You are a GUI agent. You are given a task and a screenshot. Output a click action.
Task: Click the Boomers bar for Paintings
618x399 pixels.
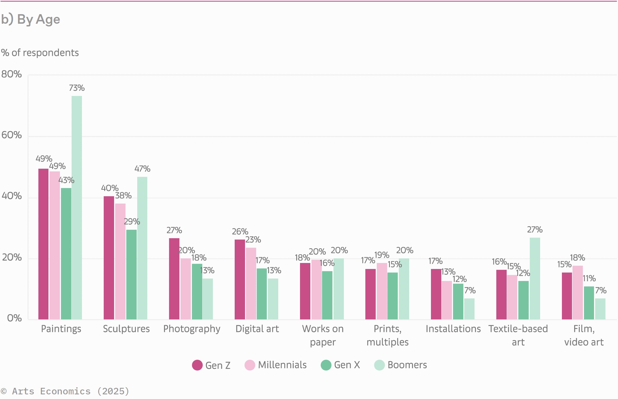77,207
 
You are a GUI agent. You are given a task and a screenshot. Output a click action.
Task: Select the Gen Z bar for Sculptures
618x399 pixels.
109,258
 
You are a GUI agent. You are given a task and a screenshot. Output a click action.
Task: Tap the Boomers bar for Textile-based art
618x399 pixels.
535,278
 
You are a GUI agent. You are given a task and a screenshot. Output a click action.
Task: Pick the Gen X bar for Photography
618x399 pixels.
197,291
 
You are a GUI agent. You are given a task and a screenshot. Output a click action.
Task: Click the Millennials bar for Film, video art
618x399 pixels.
578,292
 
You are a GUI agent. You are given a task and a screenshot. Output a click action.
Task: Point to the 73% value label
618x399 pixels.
77,88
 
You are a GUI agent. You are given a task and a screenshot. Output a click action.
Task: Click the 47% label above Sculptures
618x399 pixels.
142,169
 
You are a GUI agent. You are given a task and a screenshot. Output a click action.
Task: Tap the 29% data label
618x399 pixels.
132,222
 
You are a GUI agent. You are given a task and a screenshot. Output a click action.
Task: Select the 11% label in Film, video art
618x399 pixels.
589,279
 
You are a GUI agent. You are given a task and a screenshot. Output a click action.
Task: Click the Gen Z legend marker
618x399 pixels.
197,365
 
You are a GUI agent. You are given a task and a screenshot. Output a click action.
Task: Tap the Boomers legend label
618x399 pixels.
407,365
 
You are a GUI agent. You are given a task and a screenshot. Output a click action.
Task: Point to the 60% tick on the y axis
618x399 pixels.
11,135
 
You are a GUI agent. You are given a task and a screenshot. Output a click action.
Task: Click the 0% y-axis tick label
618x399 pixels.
14,318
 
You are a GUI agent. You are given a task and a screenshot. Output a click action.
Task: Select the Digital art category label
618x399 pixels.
257,329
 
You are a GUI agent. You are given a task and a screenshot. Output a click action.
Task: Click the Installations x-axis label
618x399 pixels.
453,329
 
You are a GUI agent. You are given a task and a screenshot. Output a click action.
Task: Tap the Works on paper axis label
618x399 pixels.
323,335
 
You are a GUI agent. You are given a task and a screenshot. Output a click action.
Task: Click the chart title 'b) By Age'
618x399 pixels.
30,19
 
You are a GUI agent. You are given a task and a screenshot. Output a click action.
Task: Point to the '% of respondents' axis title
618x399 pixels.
40,53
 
